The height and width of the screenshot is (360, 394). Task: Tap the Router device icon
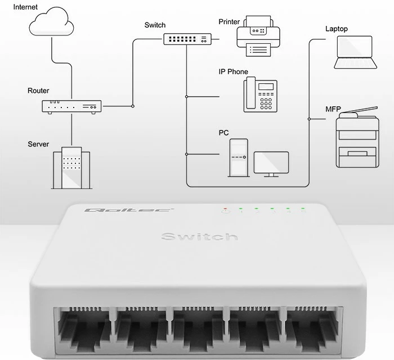[x=71, y=107]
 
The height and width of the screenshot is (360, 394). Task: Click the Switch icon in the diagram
[x=187, y=39]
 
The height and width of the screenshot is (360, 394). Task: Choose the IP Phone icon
[x=261, y=94]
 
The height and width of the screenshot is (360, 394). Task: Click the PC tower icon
[x=238, y=157]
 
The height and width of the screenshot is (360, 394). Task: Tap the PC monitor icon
[x=271, y=164]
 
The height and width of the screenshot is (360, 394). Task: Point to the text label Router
[x=38, y=91]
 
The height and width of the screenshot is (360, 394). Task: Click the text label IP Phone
[x=233, y=72]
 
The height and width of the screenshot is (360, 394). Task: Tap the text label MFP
[x=333, y=109]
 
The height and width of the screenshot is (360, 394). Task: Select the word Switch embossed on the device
[x=199, y=236]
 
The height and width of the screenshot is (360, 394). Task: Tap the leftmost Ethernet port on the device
[x=82, y=328]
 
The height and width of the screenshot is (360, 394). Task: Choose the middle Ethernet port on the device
[x=198, y=328]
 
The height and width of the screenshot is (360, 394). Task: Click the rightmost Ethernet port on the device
[x=314, y=328]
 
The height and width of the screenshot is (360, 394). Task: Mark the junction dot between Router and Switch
[x=133, y=105]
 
